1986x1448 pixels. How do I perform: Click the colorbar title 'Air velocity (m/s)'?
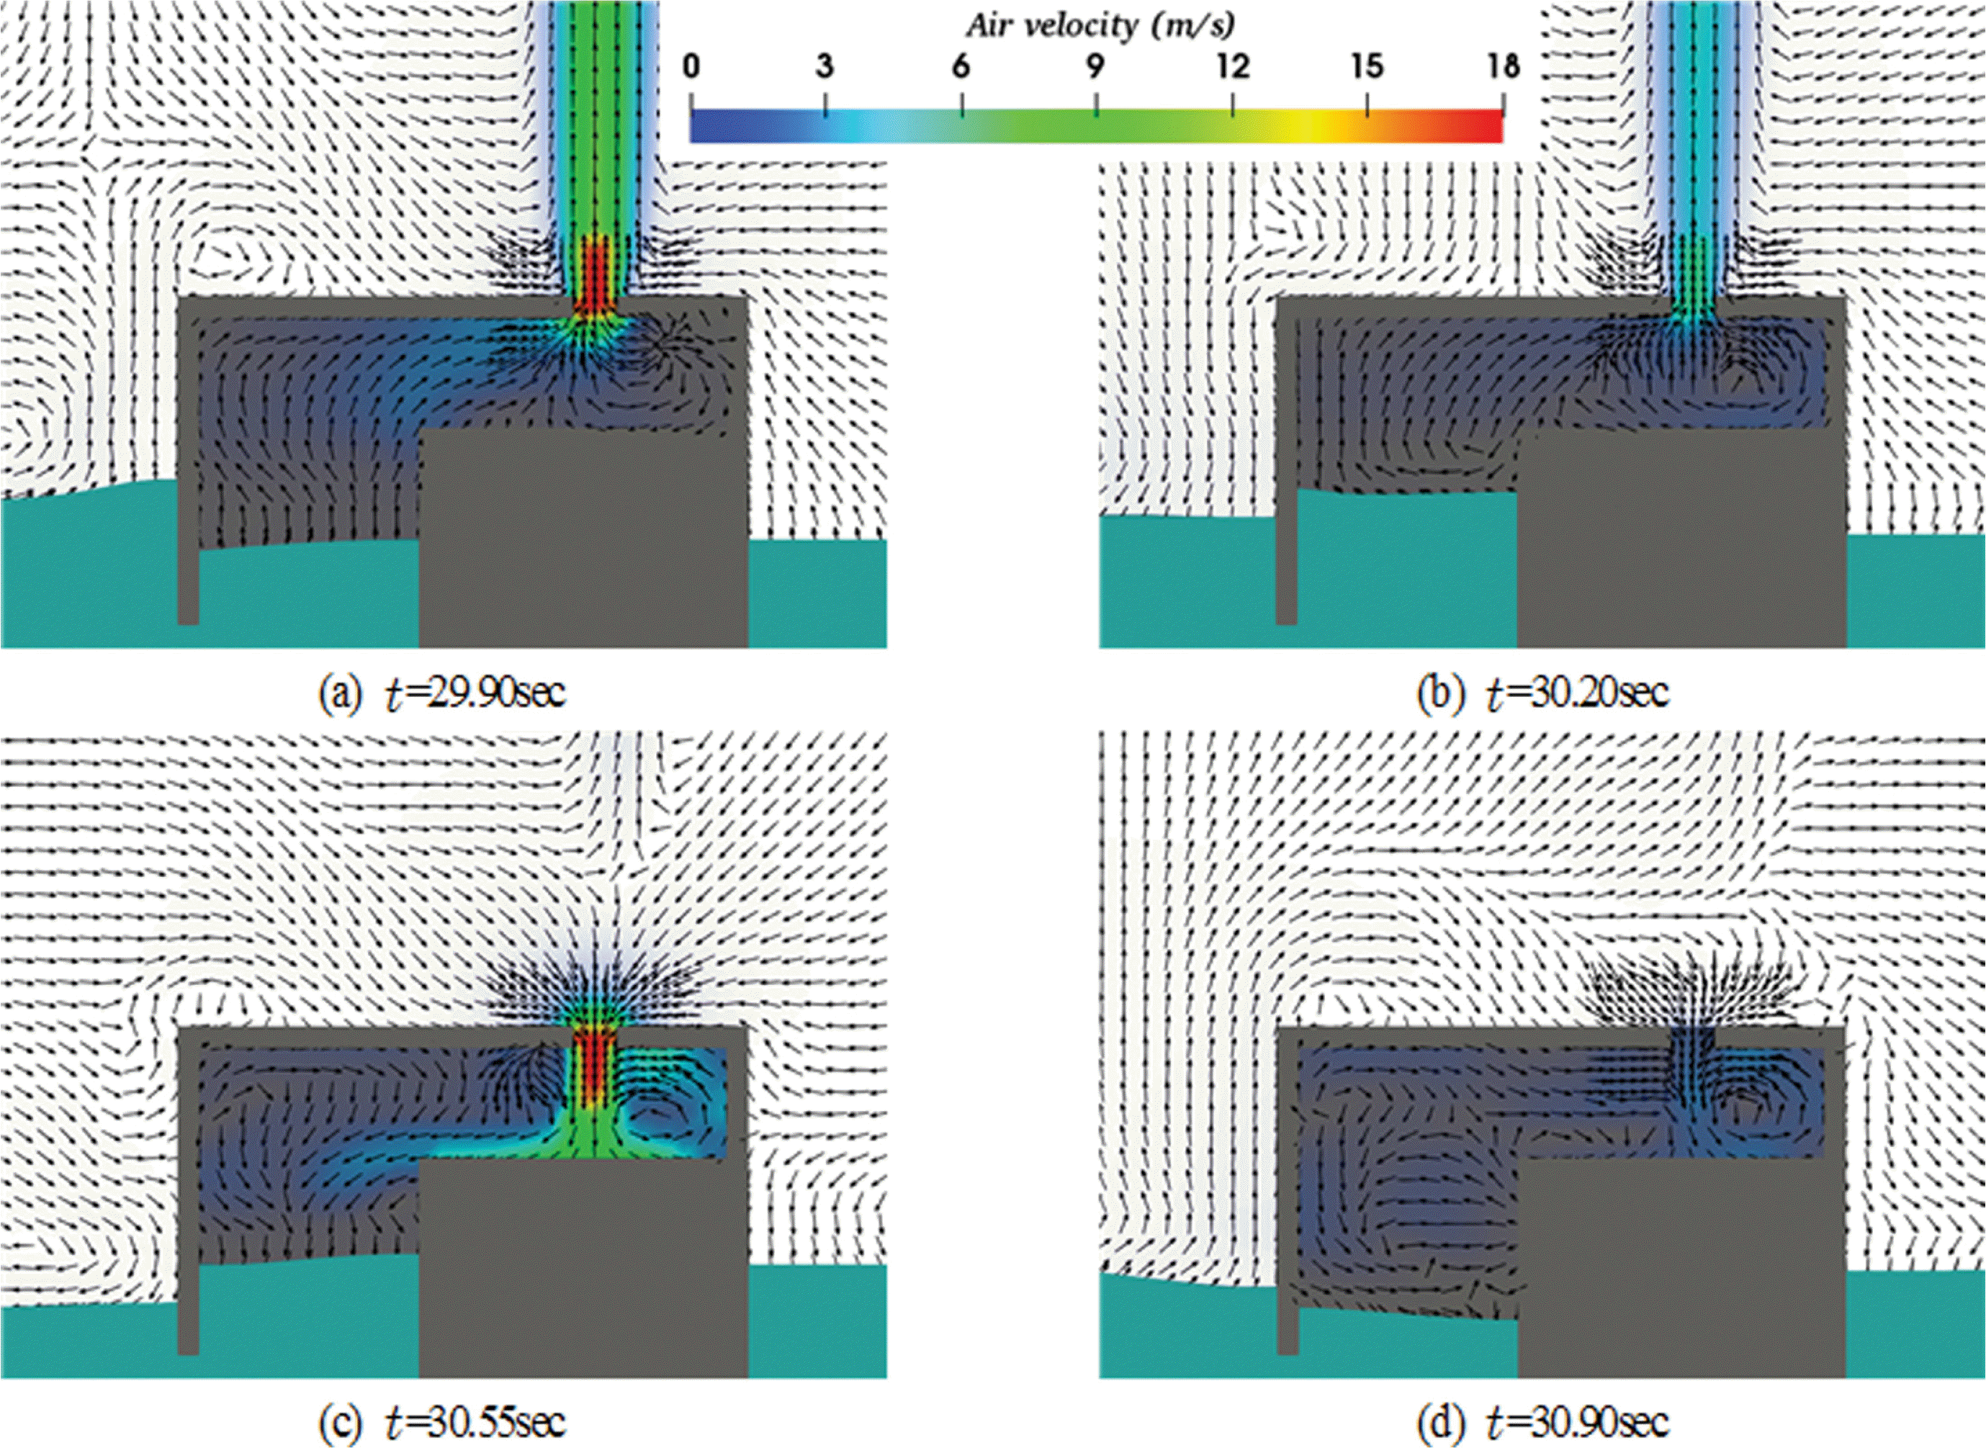pyautogui.click(x=1101, y=27)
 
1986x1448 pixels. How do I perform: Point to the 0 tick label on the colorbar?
pyautogui.click(x=691, y=68)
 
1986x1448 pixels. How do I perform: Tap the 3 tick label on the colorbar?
pyautogui.click(x=824, y=68)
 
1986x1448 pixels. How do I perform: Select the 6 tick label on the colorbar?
pyautogui.click(x=961, y=68)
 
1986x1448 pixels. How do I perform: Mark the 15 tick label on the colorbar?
pyautogui.click(x=1368, y=68)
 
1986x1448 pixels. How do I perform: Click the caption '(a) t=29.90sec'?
pyautogui.click(x=443, y=693)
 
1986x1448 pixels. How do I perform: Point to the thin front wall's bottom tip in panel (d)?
pyautogui.click(x=1287, y=1352)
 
